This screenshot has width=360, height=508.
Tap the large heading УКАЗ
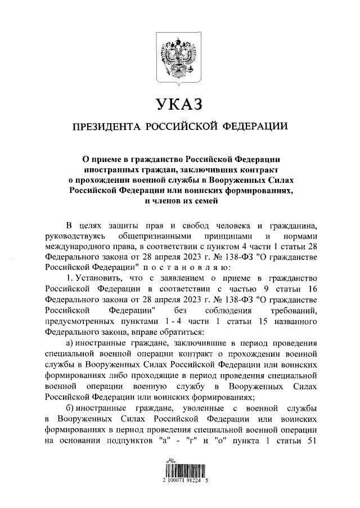click(180, 105)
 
